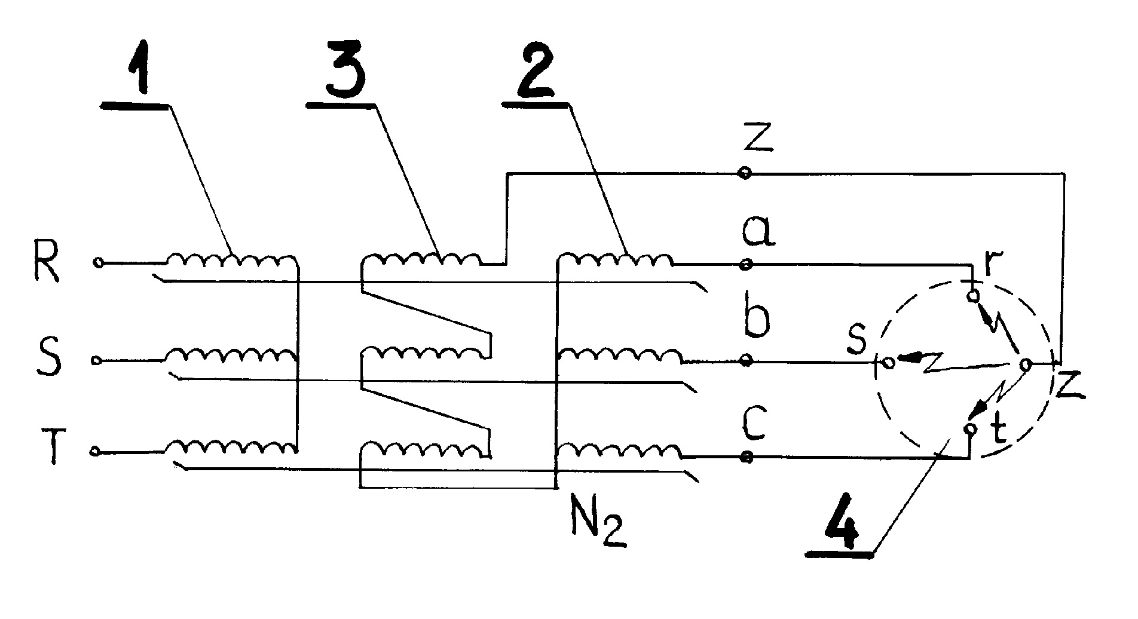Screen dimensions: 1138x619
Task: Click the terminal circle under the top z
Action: [745, 173]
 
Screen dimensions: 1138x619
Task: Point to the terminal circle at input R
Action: [99, 262]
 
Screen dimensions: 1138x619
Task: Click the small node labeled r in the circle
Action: [974, 295]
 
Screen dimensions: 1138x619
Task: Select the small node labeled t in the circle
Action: [970, 429]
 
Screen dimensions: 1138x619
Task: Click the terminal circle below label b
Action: [745, 360]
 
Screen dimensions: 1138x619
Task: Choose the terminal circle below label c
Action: [745, 457]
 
